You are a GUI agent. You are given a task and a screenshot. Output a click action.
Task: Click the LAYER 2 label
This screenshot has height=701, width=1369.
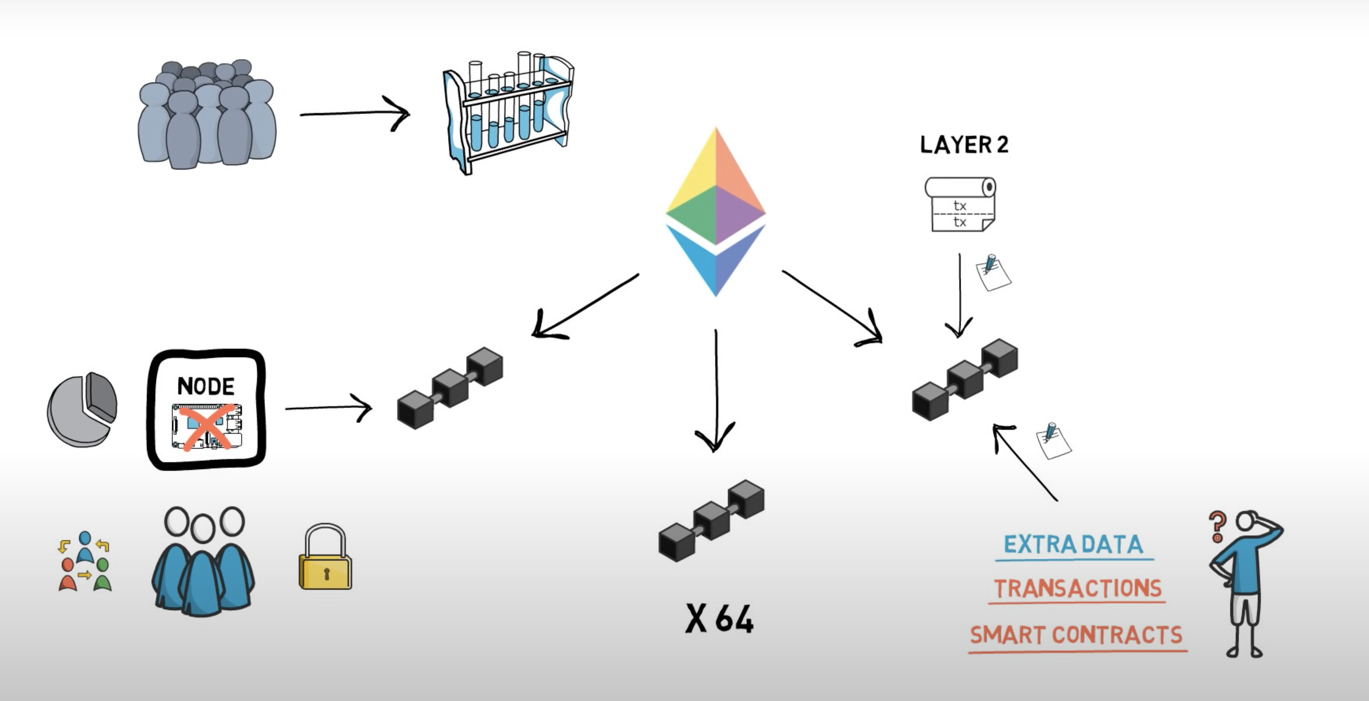tap(964, 145)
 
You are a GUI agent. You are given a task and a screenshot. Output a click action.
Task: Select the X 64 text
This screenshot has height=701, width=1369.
tap(720, 618)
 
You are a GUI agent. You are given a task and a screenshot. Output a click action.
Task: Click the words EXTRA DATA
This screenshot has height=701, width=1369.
tap(1073, 544)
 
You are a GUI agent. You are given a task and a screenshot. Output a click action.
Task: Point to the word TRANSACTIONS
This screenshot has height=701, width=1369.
tap(1078, 589)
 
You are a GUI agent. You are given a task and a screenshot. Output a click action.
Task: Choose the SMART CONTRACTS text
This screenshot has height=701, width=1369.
tap(1076, 635)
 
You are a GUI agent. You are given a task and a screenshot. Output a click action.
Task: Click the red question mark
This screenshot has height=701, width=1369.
tap(1217, 527)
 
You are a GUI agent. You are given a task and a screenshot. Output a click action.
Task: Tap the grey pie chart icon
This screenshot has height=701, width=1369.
tap(82, 409)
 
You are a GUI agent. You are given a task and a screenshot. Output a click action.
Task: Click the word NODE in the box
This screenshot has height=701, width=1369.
tap(206, 386)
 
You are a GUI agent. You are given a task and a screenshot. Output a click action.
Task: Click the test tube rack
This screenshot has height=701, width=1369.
tap(509, 113)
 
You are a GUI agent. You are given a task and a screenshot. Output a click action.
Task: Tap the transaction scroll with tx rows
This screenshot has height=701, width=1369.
tap(960, 204)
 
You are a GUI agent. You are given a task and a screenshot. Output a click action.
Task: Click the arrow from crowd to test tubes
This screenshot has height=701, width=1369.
tap(354, 113)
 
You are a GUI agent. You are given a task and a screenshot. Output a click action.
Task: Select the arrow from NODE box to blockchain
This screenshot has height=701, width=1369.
tap(329, 408)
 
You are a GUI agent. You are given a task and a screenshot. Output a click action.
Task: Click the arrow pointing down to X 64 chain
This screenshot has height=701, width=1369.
tap(716, 391)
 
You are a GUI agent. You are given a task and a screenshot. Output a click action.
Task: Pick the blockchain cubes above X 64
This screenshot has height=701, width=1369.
tap(712, 520)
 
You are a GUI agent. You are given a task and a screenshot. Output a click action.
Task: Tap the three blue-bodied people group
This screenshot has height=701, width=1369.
tap(203, 561)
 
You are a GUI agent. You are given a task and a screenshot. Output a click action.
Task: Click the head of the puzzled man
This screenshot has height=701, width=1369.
tap(1245, 521)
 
